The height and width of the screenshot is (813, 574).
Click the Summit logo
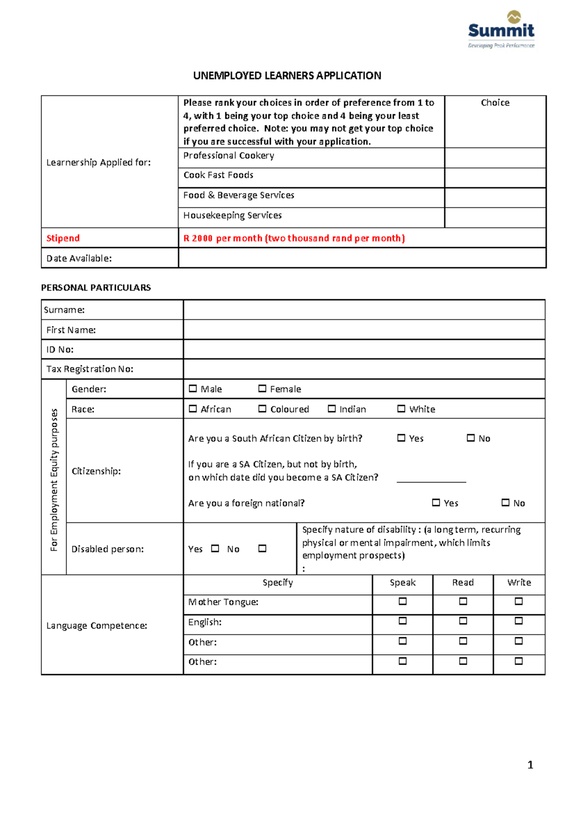pos(501,30)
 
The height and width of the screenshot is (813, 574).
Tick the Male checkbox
pos(193,389)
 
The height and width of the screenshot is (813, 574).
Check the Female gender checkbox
pos(262,389)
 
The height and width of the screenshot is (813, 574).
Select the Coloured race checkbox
pos(262,409)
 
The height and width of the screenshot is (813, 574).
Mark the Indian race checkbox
pos(331,409)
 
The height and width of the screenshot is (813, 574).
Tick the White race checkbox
pos(401,409)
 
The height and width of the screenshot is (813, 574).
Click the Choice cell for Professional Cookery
pos(495,158)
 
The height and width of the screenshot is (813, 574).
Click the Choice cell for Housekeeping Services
pos(495,217)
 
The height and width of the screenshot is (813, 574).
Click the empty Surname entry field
pos(364,310)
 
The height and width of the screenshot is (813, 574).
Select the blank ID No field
pos(364,350)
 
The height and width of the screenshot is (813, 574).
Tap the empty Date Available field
pos(362,258)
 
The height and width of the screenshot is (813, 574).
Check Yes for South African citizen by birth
pos(401,438)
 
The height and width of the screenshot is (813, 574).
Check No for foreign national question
pos(506,503)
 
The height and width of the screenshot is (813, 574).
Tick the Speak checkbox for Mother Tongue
pos(403,601)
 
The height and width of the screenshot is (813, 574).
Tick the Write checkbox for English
pos(519,621)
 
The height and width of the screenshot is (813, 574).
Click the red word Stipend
pos(63,238)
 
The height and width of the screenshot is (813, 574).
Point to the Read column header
pos(463,583)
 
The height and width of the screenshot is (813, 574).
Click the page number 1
pos(530,765)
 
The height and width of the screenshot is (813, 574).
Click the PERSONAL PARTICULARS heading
pos(96,288)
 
